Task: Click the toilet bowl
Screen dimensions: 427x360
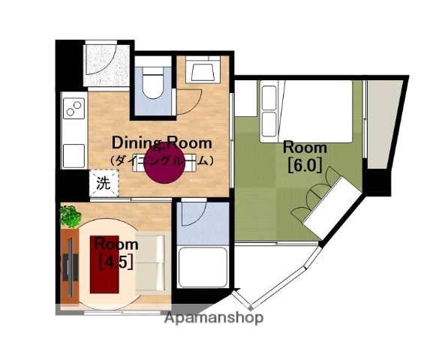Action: (152, 82)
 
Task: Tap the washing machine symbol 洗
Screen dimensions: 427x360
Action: (104, 183)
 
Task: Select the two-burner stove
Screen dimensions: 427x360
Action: (74, 108)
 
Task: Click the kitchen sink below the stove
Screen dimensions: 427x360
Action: (74, 156)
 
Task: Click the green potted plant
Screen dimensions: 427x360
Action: (71, 216)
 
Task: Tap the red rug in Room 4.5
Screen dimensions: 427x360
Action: (104, 265)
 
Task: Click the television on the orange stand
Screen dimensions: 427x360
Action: (71, 268)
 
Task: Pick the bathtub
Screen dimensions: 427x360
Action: (203, 267)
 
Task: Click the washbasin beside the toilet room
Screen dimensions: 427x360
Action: (203, 70)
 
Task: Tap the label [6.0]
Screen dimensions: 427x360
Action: (305, 165)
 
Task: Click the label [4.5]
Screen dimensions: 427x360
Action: (116, 261)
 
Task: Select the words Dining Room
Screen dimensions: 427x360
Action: (162, 142)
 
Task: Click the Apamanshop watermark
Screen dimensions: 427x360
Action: (214, 318)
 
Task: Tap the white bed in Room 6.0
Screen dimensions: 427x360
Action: (306, 111)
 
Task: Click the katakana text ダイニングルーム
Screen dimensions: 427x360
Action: (162, 160)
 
